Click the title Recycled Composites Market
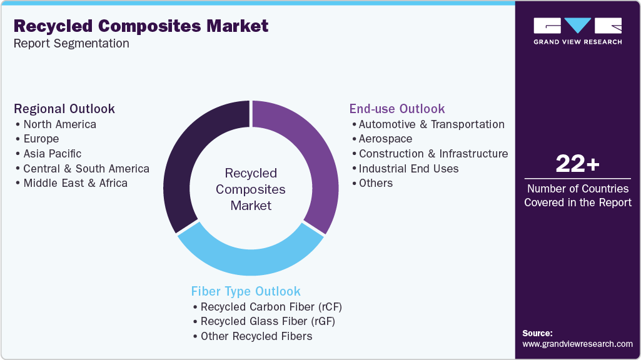tap(141, 26)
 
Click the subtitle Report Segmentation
tap(71, 44)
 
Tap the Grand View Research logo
tap(577, 31)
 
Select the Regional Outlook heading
tap(64, 109)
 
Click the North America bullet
tap(59, 124)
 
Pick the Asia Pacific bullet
tap(52, 153)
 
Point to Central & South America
tap(86, 168)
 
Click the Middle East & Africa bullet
tap(75, 183)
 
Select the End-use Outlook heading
tap(397, 109)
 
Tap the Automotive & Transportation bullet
tap(432, 124)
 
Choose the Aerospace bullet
tap(385, 139)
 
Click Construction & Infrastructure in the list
tap(433, 153)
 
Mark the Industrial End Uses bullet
tap(408, 168)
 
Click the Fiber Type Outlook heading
tap(246, 291)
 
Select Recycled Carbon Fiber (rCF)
tap(271, 306)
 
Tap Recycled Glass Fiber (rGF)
tap(267, 321)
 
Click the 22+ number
tap(577, 164)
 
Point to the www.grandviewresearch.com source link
tap(577, 344)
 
